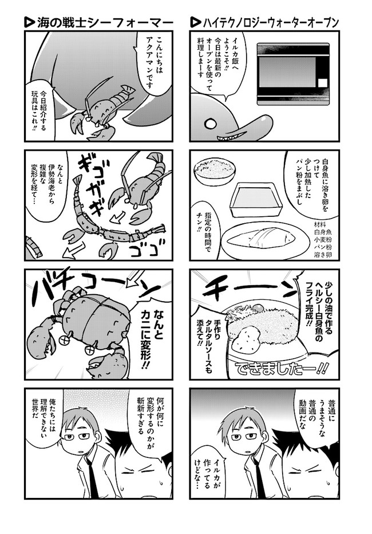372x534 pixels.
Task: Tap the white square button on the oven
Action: tap(323, 84)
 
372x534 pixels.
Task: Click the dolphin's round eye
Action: tap(210, 123)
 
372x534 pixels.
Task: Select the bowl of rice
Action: tap(214, 172)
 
